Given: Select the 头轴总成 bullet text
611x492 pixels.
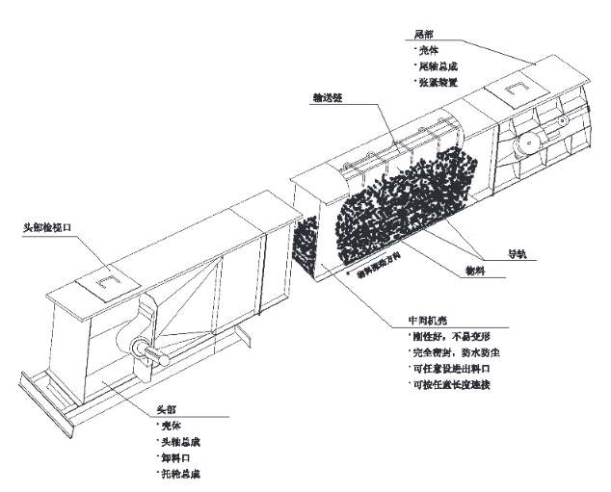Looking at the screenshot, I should [x=182, y=441].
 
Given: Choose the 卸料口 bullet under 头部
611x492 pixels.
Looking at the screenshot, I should [x=177, y=457].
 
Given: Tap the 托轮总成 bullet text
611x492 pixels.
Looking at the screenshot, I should [x=182, y=475].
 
